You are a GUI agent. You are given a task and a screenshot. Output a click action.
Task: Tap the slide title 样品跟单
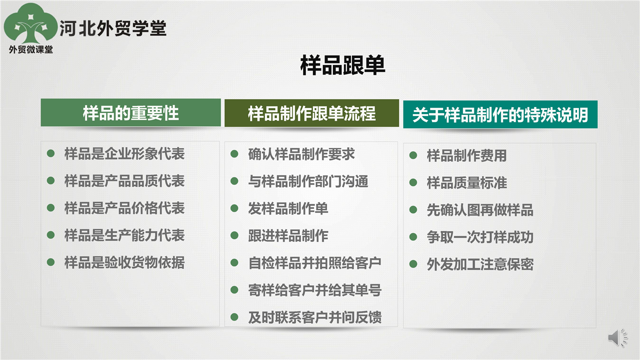point(342,65)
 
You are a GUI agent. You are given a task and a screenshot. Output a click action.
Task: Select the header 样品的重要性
point(130,112)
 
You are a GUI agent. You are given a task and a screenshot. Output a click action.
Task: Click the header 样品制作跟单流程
point(311,113)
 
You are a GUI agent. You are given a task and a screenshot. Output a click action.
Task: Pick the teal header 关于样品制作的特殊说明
point(500,114)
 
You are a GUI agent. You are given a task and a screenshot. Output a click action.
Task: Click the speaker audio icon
point(617,337)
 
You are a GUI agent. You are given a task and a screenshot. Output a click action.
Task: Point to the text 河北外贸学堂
point(113,28)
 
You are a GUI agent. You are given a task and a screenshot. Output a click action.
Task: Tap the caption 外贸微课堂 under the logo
point(31,49)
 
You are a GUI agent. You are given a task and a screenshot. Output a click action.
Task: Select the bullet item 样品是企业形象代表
point(124,153)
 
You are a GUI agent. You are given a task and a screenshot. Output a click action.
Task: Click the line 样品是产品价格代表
point(124,208)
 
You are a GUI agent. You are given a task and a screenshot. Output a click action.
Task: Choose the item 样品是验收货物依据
point(124,262)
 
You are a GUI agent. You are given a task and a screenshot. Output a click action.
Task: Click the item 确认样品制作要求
point(301,154)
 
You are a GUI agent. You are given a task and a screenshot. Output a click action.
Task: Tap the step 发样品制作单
point(288,208)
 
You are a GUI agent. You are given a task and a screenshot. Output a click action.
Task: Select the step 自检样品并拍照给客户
point(315,263)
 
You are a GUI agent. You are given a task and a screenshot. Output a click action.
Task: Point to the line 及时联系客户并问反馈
point(315,317)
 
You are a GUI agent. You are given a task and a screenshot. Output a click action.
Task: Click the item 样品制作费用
point(466,155)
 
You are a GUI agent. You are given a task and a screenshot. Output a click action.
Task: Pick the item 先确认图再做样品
point(480,210)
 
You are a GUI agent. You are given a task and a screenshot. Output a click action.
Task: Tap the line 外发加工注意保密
point(480,264)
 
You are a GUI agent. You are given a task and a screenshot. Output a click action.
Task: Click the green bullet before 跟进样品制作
point(234,235)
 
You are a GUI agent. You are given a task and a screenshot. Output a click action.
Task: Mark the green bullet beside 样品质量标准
point(413,182)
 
